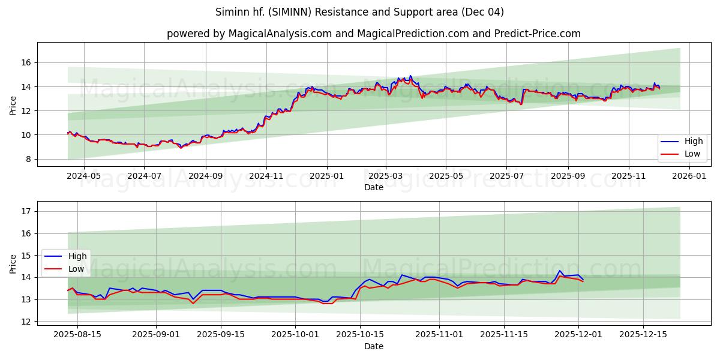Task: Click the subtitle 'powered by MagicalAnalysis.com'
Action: [373, 34]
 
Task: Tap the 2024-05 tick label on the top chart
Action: [83, 177]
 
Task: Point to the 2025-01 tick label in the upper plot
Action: [327, 177]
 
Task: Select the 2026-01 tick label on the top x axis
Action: [689, 177]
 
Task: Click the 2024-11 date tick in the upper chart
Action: [266, 177]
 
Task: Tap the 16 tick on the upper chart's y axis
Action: [26, 62]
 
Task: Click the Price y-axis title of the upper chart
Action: [13, 104]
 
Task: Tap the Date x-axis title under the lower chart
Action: [373, 346]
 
